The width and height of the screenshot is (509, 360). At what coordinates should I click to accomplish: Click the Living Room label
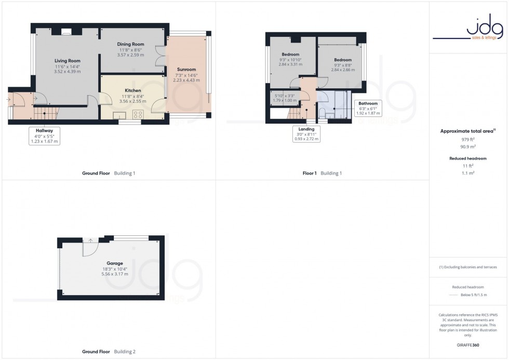click(68, 61)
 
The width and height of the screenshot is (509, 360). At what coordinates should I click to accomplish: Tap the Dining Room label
click(130, 44)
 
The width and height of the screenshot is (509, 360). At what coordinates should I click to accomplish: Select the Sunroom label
click(186, 69)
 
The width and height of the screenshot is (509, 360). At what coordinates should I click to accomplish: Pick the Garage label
click(115, 263)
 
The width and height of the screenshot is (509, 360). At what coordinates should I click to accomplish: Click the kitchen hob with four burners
click(139, 114)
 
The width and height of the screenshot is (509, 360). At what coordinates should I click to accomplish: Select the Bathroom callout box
click(368, 108)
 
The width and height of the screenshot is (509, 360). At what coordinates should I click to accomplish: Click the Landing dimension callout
click(306, 134)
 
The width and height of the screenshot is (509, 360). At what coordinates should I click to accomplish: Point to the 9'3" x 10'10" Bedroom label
click(290, 55)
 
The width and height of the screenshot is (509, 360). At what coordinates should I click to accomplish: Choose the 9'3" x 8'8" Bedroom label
click(343, 60)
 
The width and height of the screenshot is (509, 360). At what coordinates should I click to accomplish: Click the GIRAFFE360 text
click(468, 344)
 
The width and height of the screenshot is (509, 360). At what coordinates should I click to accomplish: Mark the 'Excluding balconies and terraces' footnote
click(468, 267)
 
